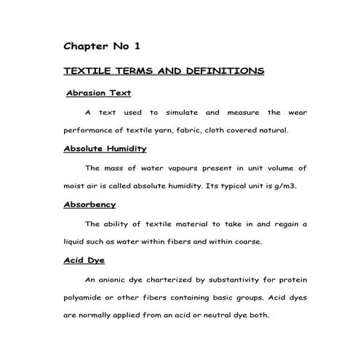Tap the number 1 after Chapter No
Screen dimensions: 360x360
(136, 46)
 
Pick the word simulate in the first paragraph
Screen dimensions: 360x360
(181, 113)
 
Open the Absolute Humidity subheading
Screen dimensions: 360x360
(105, 148)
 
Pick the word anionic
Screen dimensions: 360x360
(119, 279)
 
